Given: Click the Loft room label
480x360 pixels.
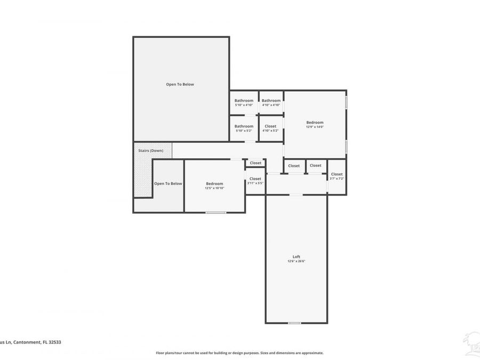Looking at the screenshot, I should (296, 257).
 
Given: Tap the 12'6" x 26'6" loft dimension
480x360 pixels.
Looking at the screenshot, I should (296, 261).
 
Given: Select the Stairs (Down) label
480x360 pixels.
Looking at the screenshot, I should (150, 150).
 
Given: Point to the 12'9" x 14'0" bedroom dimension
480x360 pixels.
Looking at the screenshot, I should (315, 127).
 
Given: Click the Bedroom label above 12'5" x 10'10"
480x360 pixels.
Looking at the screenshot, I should (214, 183).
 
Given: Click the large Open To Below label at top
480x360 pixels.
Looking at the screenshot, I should (180, 84).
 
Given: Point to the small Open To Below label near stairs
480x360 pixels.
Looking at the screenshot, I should (168, 183).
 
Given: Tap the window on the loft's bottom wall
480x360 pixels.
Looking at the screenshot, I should (294, 323).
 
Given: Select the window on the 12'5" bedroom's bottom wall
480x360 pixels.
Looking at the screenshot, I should (215, 212).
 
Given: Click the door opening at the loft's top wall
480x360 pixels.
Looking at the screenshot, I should (295, 195).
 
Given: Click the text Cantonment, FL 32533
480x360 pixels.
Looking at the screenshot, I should (36, 342).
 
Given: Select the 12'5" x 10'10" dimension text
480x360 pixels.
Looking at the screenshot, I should (214, 188).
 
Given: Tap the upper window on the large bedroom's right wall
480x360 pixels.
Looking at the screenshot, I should (346, 101).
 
